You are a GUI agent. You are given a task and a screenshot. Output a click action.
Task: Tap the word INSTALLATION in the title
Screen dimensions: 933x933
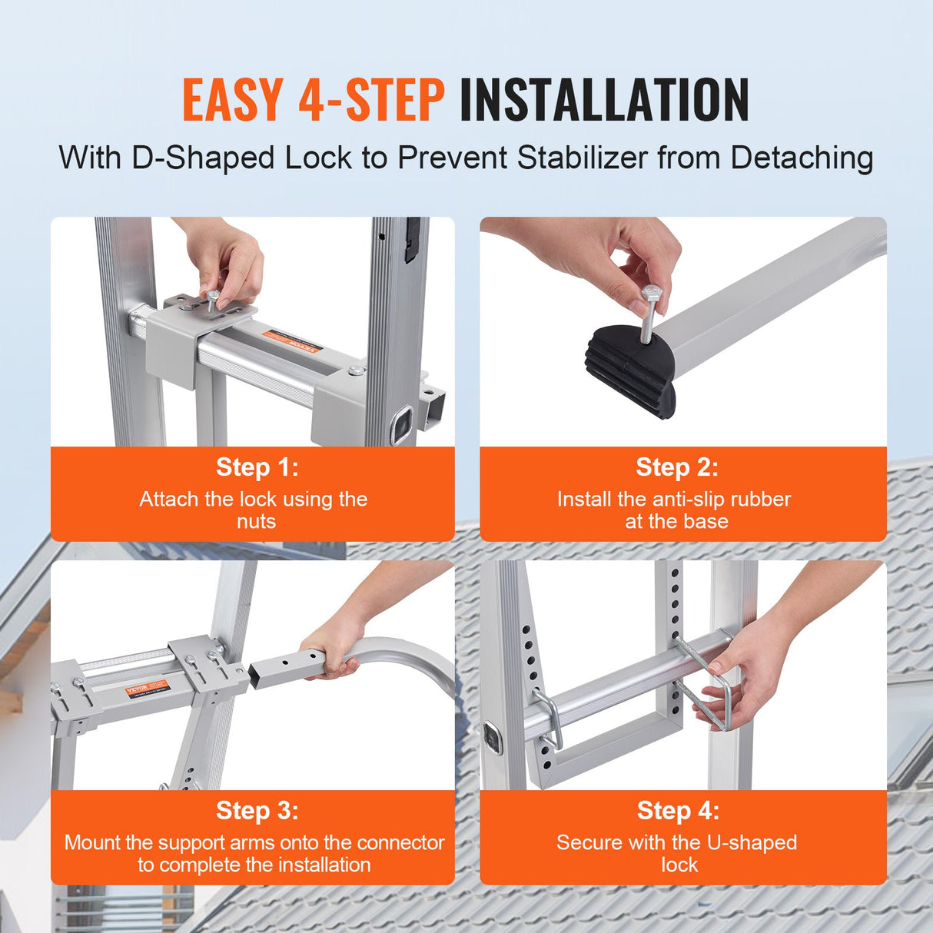coord(604,101)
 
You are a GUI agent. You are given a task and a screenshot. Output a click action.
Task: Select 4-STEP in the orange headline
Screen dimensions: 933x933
coord(371,101)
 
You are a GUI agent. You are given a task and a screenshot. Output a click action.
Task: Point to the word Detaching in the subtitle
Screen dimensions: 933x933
coord(802,158)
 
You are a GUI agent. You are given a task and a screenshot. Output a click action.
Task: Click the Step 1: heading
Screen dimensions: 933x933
coord(257,467)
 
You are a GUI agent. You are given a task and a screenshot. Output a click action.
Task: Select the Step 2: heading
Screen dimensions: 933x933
coord(677,467)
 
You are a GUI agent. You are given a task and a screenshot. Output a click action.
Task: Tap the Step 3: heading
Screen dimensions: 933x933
coord(257,811)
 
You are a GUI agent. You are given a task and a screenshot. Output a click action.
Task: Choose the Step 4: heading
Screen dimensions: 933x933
coord(678,811)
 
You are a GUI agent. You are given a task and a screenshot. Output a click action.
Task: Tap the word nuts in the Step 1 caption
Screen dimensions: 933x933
coord(256,522)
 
